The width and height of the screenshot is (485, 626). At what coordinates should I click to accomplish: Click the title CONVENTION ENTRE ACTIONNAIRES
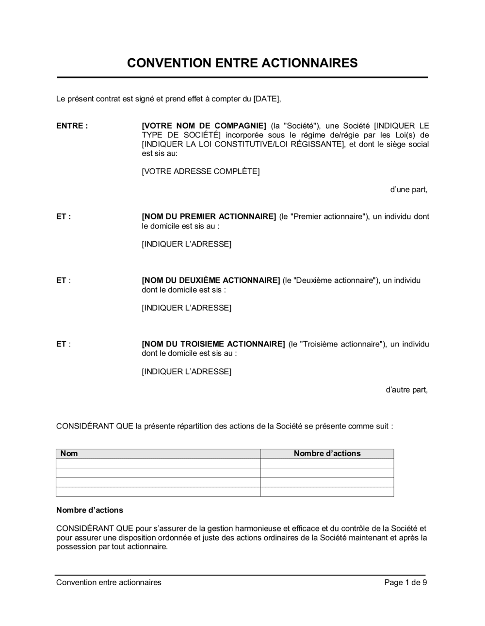coord(242,63)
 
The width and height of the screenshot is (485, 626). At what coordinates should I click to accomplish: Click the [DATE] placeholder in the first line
coord(267,99)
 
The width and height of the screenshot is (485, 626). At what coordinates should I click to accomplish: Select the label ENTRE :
coord(72,126)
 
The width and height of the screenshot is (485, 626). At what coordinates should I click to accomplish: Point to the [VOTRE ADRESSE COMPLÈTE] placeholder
coord(200,171)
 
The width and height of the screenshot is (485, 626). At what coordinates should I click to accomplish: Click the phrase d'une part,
coord(408,190)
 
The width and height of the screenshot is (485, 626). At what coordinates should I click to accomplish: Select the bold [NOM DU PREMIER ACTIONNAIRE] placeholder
coord(209,217)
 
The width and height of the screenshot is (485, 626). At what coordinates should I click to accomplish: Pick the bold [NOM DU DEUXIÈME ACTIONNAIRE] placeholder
coord(210,280)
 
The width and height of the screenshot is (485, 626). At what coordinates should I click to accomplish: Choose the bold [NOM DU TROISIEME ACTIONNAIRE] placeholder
coord(213,344)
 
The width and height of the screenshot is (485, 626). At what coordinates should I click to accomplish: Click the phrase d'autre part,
coord(406,390)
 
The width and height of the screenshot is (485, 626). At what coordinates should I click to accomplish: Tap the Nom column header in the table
coord(69,454)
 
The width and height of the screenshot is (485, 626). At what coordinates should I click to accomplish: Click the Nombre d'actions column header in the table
coord(327,454)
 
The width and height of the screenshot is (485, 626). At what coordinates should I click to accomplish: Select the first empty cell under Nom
coord(158,463)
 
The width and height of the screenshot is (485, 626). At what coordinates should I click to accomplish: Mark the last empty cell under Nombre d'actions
coord(327,492)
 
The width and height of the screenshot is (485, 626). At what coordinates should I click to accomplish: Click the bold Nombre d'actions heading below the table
coord(90,511)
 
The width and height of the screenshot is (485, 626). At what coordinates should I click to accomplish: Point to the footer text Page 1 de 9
coord(405,583)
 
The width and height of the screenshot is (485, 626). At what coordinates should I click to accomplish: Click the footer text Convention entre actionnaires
coord(109,583)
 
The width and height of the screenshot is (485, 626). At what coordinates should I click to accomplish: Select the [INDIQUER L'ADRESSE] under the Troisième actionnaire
coord(186,372)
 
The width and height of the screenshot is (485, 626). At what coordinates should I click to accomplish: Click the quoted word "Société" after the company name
coord(301,126)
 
